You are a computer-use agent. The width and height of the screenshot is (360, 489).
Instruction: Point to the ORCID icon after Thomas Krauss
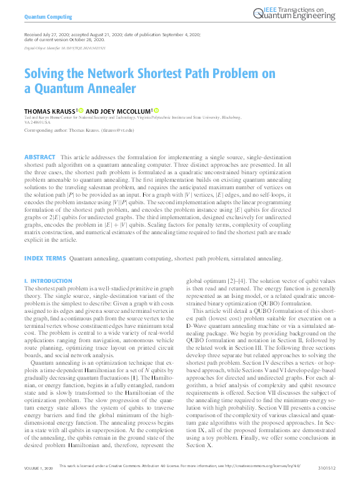pyautogui.click(x=81, y=110)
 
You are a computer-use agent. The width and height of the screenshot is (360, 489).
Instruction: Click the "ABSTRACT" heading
pyautogui.click(x=39, y=156)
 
